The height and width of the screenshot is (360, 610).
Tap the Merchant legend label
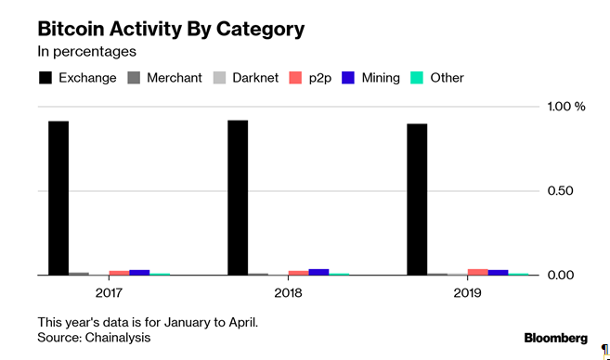pyautogui.click(x=174, y=78)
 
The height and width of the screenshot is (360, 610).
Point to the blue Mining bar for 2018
pyautogui.click(x=318, y=272)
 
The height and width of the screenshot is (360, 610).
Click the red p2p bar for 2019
pyautogui.click(x=477, y=272)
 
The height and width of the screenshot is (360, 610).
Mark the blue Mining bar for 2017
pyautogui.click(x=139, y=272)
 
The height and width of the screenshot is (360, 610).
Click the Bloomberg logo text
pyautogui.click(x=555, y=338)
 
